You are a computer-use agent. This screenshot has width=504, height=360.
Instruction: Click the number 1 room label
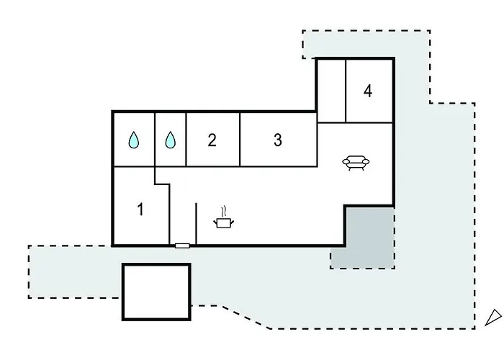point(140,210)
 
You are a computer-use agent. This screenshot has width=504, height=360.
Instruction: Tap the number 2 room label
point(212,140)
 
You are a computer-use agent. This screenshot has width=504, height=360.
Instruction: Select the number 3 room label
point(278,140)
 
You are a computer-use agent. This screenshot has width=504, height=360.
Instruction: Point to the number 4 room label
point(368,91)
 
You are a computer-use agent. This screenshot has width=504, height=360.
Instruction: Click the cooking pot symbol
point(224,222)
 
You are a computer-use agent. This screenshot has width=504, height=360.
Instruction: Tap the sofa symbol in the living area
point(356,162)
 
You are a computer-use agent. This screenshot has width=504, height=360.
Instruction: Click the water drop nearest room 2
point(171,140)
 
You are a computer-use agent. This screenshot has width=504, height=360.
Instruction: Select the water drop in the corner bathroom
point(134,140)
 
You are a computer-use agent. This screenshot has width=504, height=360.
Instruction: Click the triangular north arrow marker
point(493,318)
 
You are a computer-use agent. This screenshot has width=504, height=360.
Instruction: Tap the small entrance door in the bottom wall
point(182,246)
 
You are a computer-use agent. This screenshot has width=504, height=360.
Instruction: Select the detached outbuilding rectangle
point(156,292)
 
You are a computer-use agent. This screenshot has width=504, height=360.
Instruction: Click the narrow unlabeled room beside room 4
point(331,91)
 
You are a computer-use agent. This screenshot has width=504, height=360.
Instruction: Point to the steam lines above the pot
point(224,212)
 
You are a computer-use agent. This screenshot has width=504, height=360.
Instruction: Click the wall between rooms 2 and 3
point(240,140)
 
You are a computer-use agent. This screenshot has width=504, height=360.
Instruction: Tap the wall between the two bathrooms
point(155,140)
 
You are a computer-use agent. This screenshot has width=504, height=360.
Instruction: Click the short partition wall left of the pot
point(196,224)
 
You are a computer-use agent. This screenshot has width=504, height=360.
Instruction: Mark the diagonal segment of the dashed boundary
point(245,317)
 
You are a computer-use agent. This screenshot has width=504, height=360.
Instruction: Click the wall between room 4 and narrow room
point(346,91)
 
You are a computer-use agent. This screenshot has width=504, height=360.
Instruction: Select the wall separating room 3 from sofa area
point(318,145)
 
